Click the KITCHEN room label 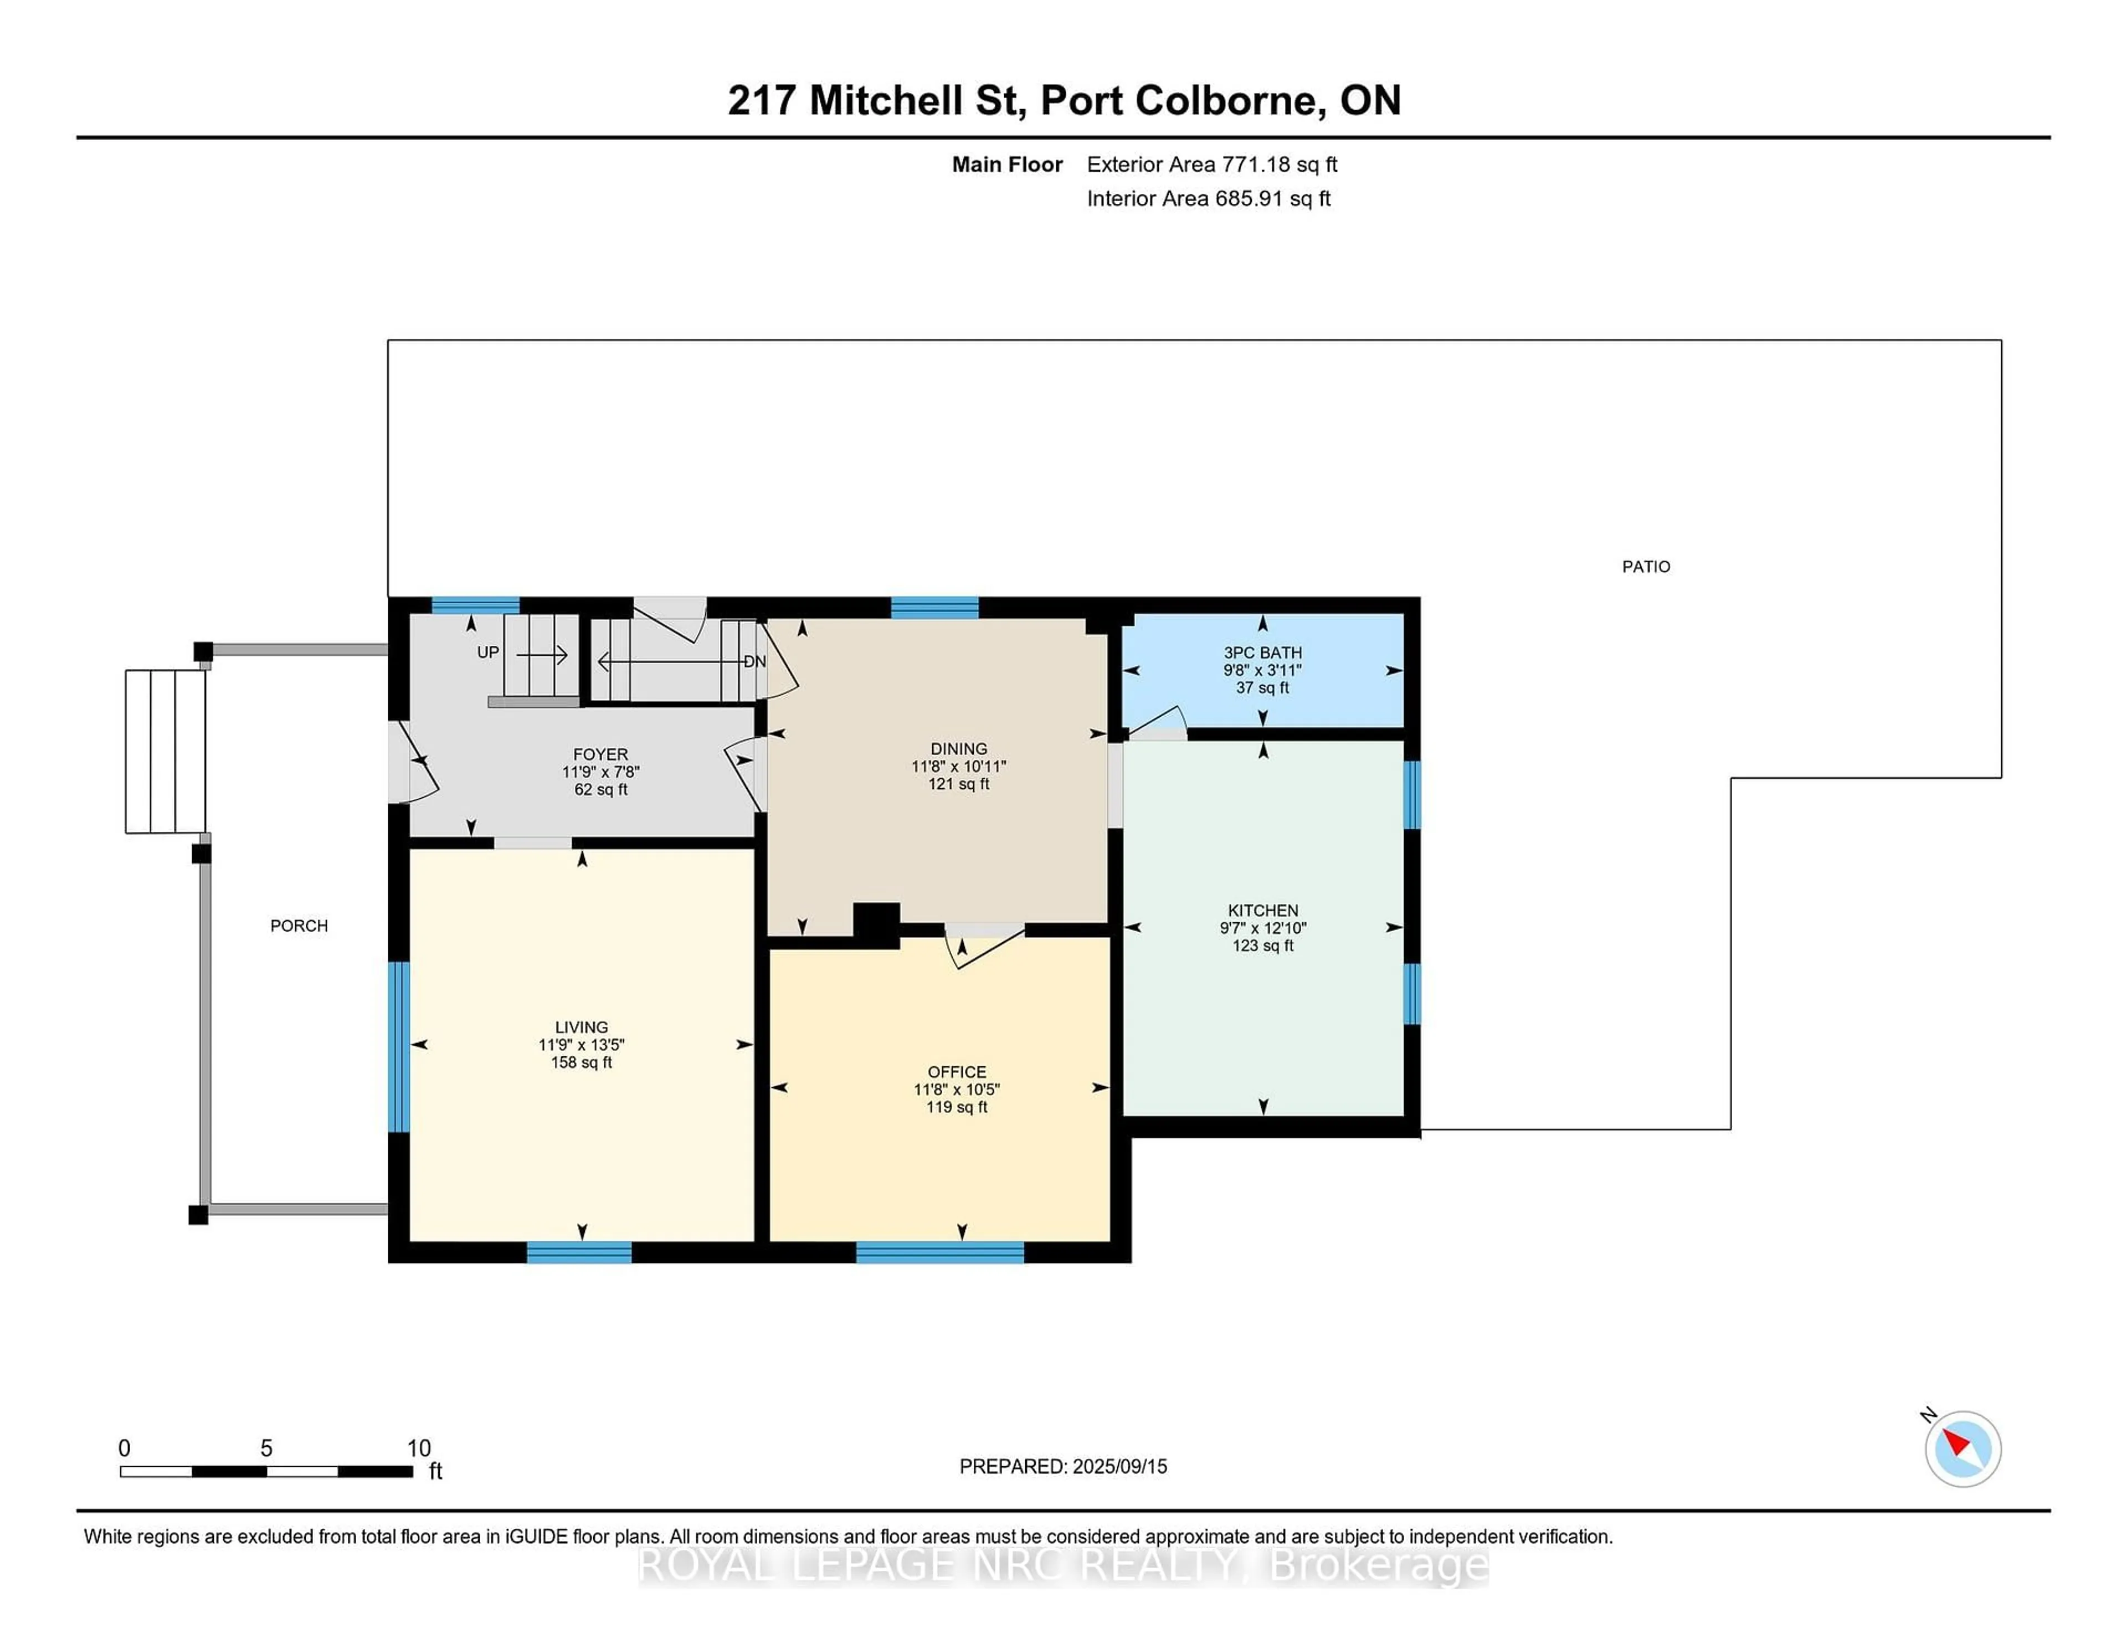point(1262,910)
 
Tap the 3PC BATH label point(1262,653)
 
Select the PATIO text point(1645,566)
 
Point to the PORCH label point(299,925)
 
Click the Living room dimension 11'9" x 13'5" point(582,1044)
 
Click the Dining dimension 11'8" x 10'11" point(958,767)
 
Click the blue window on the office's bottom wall point(940,1252)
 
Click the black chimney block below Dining point(876,924)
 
